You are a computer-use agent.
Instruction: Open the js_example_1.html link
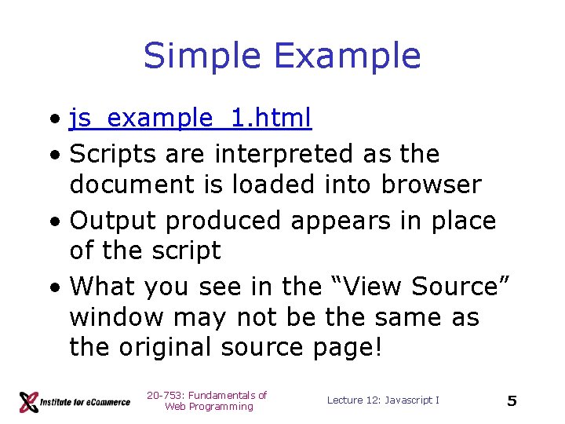[191, 118]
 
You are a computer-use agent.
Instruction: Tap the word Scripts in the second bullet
[111, 154]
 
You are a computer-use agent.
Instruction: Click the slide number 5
[512, 401]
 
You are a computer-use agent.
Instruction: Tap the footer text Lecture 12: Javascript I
[383, 400]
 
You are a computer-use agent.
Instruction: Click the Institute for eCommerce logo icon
[29, 401]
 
